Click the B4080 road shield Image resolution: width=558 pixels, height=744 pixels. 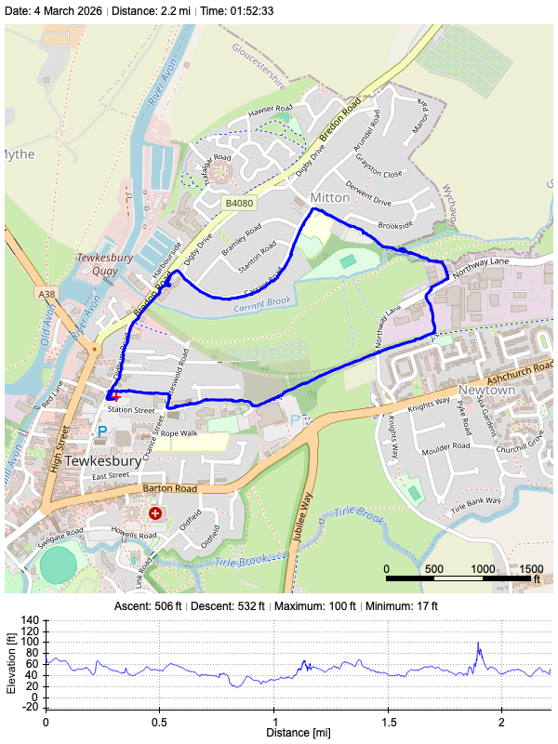239,202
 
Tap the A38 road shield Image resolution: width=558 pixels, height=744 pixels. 47,294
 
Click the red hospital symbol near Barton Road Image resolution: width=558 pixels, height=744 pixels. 154,512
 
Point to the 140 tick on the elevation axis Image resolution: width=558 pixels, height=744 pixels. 30,619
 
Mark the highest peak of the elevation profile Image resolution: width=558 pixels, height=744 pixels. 478,643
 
